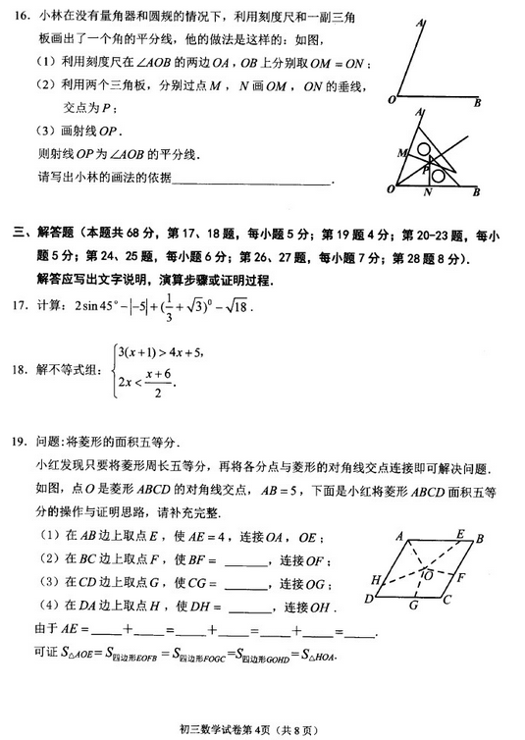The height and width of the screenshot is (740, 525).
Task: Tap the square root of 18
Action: tap(236, 307)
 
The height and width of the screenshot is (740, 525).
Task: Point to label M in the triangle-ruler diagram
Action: tap(400, 154)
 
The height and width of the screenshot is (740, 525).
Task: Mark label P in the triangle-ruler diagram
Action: tap(427, 169)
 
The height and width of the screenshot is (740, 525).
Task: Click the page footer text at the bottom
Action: tap(262, 727)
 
